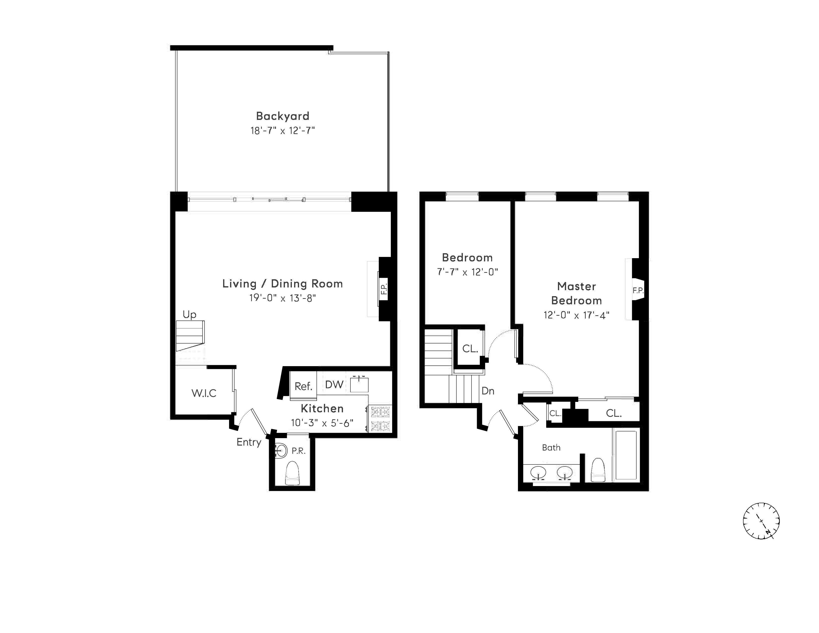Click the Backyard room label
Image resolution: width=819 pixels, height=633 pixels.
point(282,116)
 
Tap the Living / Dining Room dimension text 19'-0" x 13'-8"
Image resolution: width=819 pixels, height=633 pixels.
point(282,298)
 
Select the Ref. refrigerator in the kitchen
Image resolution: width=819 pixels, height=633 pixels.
point(303,386)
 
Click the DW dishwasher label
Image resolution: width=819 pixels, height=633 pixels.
point(334,384)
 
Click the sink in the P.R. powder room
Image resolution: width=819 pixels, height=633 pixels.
point(280,450)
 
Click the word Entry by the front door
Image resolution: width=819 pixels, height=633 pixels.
point(249,442)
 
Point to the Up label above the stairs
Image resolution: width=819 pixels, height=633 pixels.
point(189,314)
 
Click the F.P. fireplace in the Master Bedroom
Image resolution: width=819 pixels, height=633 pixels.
point(638,290)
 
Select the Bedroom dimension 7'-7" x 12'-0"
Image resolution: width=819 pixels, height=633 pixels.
point(467,272)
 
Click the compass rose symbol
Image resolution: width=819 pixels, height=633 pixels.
point(761,521)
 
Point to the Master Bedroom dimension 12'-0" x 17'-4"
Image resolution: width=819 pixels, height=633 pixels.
point(576,315)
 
